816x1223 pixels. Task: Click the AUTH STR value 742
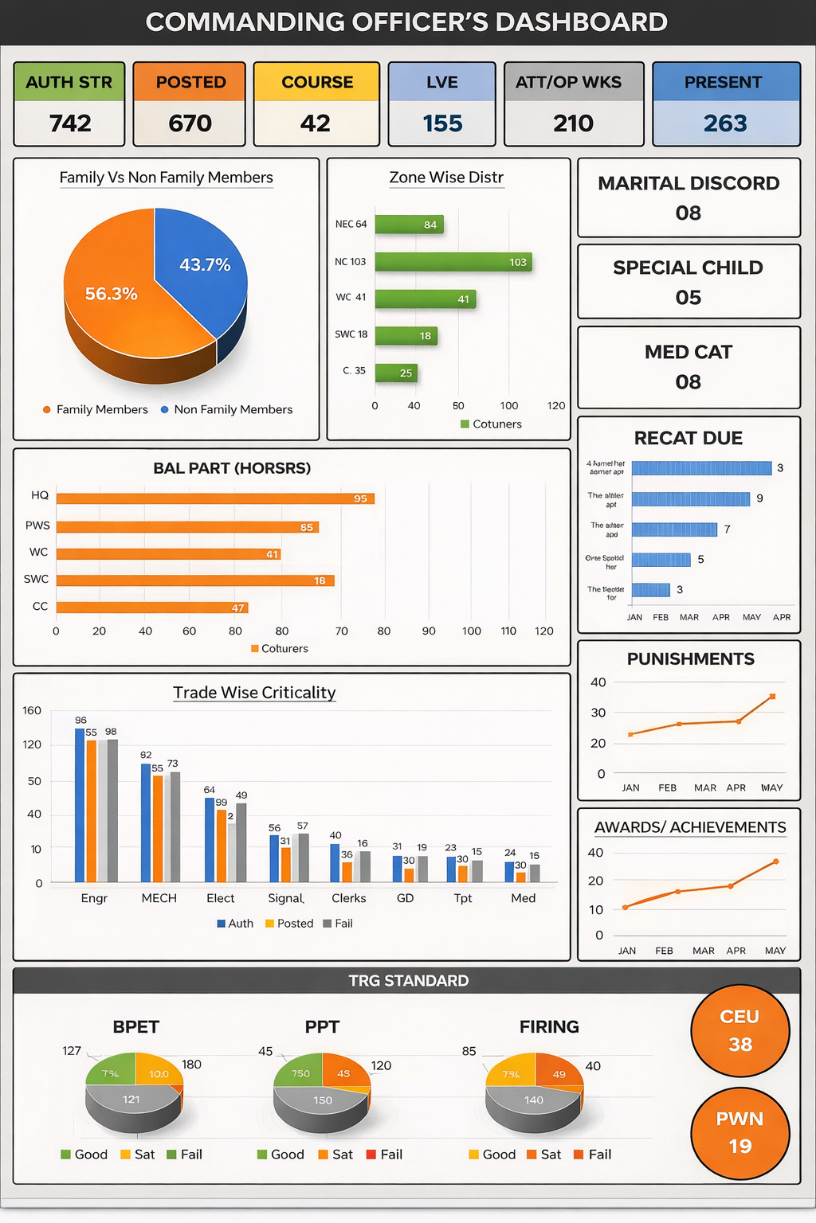tap(70, 123)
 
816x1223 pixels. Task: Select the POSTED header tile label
tap(190, 82)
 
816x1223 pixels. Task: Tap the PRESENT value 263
tap(725, 123)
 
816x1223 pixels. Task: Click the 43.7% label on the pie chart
tap(205, 264)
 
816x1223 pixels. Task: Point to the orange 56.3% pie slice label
tap(112, 294)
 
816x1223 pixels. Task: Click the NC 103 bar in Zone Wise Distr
tap(453, 261)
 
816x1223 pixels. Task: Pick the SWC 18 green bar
tap(406, 335)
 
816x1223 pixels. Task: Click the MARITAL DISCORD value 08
tap(688, 213)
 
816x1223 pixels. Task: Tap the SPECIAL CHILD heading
tap(688, 268)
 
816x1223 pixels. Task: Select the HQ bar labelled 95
tap(215, 498)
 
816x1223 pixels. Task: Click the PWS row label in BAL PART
tap(37, 526)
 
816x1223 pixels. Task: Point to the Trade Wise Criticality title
tap(254, 693)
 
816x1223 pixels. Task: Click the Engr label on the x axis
tap(94, 898)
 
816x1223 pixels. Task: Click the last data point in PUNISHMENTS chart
tap(772, 697)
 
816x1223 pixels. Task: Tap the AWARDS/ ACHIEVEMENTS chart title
tap(690, 827)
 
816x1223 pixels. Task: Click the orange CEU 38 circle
tap(739, 1030)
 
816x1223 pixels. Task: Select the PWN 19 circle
tap(739, 1132)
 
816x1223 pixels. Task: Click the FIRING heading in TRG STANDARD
tap(549, 1027)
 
